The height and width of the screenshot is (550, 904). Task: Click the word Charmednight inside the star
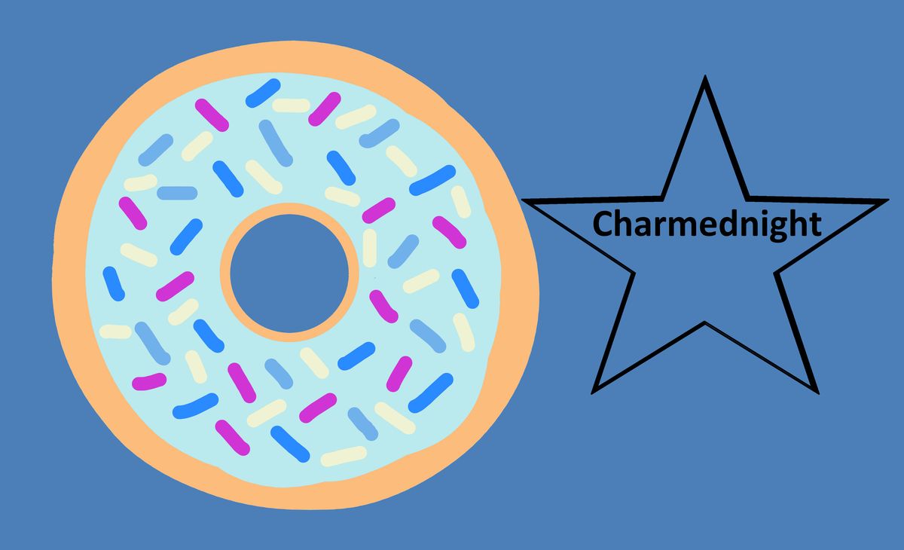pyautogui.click(x=707, y=225)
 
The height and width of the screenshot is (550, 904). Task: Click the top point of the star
pyautogui.click(x=705, y=76)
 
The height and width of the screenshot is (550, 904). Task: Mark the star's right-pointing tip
pyautogui.click(x=888, y=200)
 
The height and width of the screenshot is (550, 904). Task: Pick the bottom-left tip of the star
pyautogui.click(x=592, y=393)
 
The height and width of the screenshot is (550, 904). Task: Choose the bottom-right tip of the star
pyautogui.click(x=817, y=393)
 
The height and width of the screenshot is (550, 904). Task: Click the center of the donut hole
pyautogui.click(x=289, y=273)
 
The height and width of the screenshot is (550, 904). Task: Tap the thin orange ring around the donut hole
pyautogui.click(x=224, y=273)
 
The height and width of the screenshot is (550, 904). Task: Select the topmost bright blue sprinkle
pyautogui.click(x=263, y=93)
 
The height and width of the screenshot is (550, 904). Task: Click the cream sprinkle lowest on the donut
pyautogui.click(x=344, y=457)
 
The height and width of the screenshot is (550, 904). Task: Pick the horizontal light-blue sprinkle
pyautogui.click(x=177, y=194)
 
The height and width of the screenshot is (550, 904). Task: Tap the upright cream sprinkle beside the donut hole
pyautogui.click(x=370, y=248)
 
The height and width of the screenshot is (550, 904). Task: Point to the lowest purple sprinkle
pyautogui.click(x=232, y=438)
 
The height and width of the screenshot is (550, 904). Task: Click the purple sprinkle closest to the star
pyautogui.click(x=449, y=232)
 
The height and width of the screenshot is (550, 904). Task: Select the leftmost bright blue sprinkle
pyautogui.click(x=114, y=284)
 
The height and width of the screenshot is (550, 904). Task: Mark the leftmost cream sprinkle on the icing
pyautogui.click(x=115, y=332)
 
